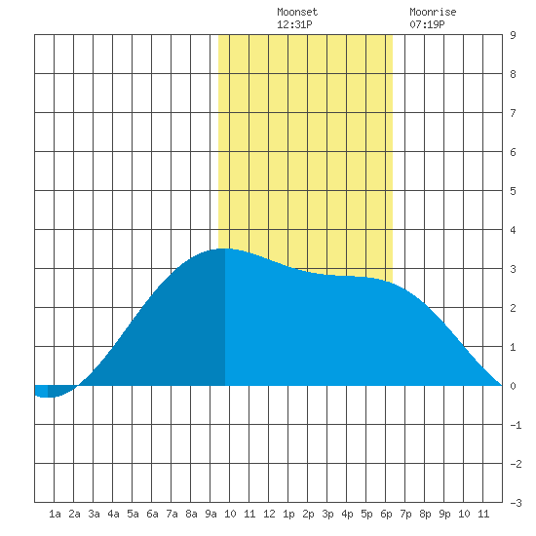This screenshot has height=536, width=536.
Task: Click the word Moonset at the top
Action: (297, 12)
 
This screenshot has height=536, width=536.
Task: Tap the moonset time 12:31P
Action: (294, 24)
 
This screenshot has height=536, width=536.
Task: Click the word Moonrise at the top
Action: (433, 12)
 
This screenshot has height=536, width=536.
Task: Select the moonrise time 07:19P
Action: (427, 24)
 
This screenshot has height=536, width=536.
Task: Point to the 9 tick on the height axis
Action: (513, 35)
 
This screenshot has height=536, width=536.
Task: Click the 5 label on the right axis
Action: (513, 191)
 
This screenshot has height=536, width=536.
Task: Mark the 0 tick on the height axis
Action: (513, 386)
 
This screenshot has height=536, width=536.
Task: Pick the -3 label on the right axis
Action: (516, 503)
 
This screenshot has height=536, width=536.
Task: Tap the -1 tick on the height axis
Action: (516, 425)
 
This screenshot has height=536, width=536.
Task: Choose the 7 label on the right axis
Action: (513, 113)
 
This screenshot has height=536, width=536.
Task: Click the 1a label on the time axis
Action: (55, 514)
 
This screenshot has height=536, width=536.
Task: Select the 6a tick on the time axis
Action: (152, 514)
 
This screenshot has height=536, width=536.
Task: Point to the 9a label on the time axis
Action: (211, 514)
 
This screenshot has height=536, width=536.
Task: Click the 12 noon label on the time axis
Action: (269, 514)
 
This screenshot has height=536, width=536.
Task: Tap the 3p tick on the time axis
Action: (327, 514)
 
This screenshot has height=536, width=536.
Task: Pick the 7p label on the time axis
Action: (405, 514)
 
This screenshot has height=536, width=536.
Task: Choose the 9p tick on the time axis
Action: (444, 514)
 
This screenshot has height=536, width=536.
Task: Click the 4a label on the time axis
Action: (113, 514)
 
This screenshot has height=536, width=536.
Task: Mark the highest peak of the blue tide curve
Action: (224, 249)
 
